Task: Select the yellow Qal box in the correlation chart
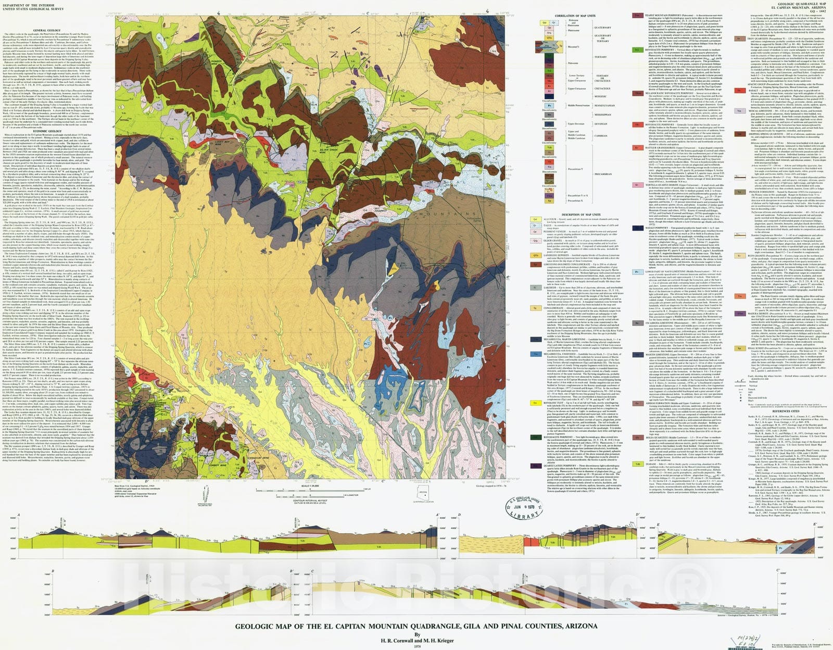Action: (545, 23)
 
